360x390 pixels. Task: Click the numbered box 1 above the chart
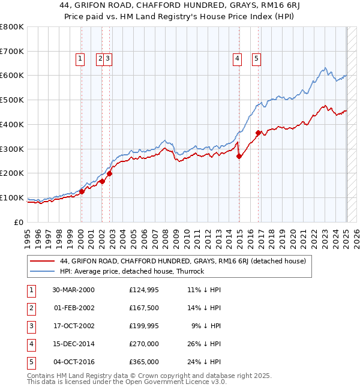80,59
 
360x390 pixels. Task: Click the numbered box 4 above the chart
238,59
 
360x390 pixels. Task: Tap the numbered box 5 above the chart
256,59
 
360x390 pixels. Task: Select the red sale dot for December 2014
239,156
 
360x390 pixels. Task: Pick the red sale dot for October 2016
258,133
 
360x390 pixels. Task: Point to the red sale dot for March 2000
82,191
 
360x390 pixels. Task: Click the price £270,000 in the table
144,344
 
